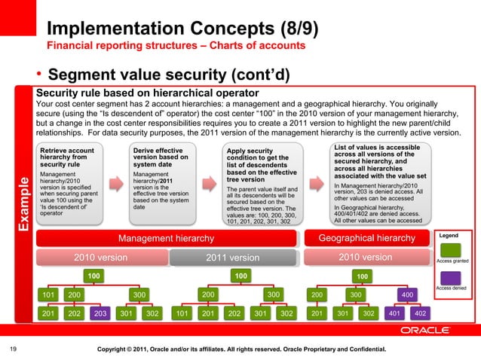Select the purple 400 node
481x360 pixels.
pos(406,294)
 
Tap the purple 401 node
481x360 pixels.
pos(394,313)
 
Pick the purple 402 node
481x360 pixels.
pos(420,313)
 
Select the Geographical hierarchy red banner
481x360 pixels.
pos(367,239)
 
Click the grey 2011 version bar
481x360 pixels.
pos(238,258)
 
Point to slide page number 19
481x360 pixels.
pos(12,349)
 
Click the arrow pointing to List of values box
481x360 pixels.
pos(317,185)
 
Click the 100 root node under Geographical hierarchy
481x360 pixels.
pos(363,276)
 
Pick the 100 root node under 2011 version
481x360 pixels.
pos(240,276)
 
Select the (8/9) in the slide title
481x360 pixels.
pos(290,29)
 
